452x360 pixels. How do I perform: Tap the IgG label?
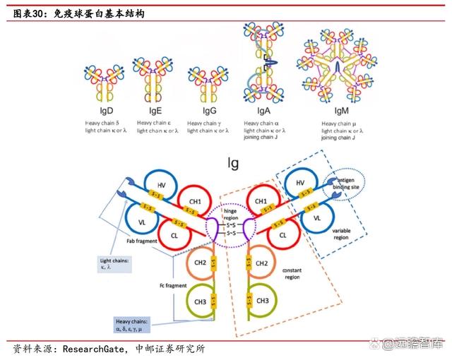click(x=209, y=112)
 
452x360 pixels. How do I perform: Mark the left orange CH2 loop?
click(x=201, y=263)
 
